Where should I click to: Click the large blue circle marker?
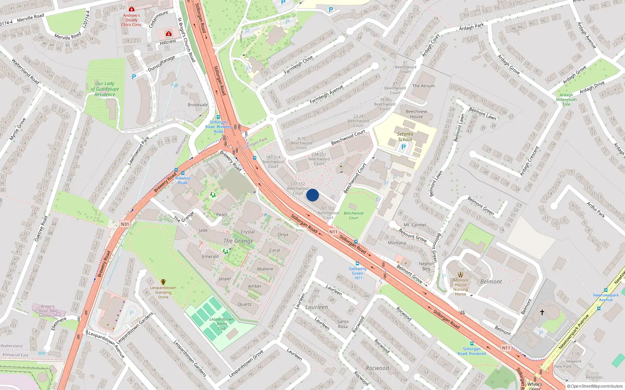(x=312, y=195)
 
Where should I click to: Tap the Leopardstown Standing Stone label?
(x=163, y=292)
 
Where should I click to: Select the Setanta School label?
(x=405, y=136)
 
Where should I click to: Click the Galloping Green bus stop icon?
(x=357, y=264)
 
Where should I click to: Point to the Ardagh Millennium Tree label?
(x=566, y=100)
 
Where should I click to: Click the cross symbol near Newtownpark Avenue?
(x=542, y=312)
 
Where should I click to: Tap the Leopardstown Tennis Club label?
(x=221, y=324)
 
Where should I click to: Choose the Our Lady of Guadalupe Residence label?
(x=105, y=89)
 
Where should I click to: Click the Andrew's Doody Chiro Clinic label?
(x=132, y=20)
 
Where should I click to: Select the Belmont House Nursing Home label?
(x=461, y=287)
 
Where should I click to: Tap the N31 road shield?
(x=125, y=224)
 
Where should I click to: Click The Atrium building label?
(x=423, y=86)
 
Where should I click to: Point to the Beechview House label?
(x=416, y=114)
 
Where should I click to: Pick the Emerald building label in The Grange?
(x=210, y=257)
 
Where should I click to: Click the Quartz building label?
(x=245, y=304)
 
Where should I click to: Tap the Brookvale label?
(x=198, y=105)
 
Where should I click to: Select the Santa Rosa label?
(x=343, y=324)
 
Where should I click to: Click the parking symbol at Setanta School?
(x=404, y=147)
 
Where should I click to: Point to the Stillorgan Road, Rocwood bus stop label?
(x=471, y=351)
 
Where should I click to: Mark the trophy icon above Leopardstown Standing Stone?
(x=163, y=282)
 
